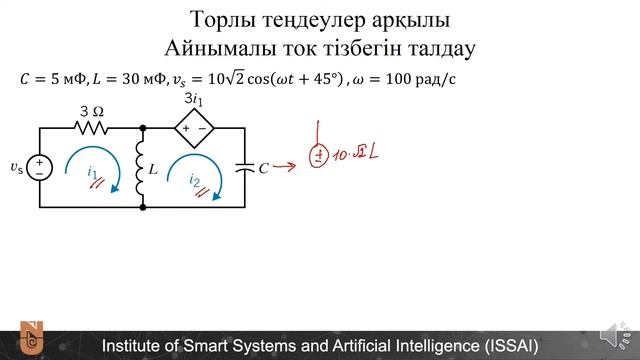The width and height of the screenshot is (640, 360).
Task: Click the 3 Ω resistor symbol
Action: click(x=91, y=128)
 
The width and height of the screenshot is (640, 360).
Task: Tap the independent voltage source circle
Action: click(x=39, y=167)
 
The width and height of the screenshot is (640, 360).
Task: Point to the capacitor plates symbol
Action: click(x=245, y=168)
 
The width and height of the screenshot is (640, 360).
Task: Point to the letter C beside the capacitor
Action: click(x=263, y=169)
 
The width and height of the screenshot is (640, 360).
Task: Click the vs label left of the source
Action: click(x=16, y=167)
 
